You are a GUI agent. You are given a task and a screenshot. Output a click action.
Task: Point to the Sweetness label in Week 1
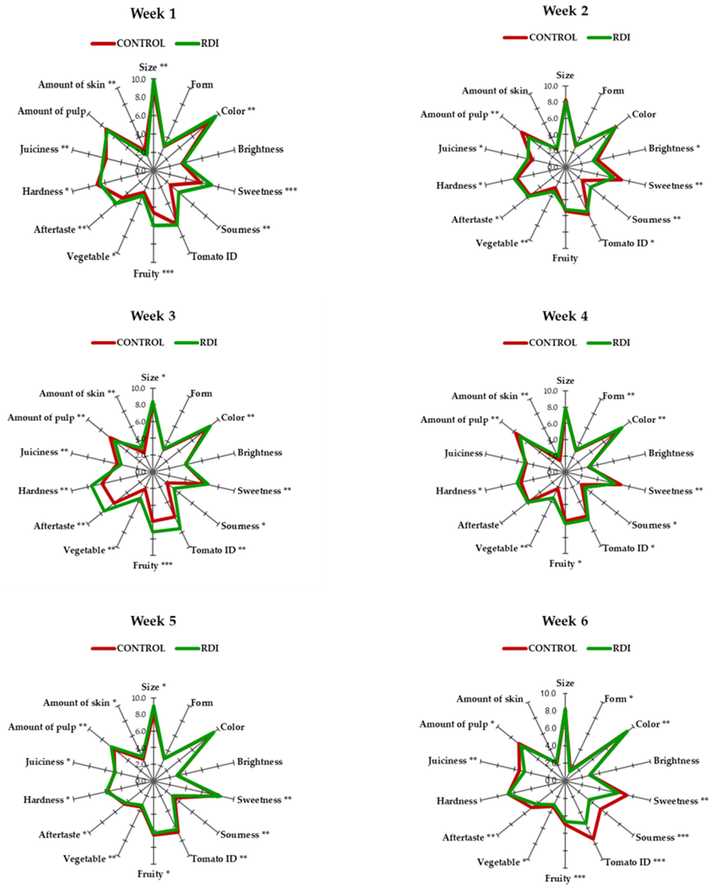pos(267,191)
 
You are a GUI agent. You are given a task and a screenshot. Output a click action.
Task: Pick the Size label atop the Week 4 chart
pos(565,381)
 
